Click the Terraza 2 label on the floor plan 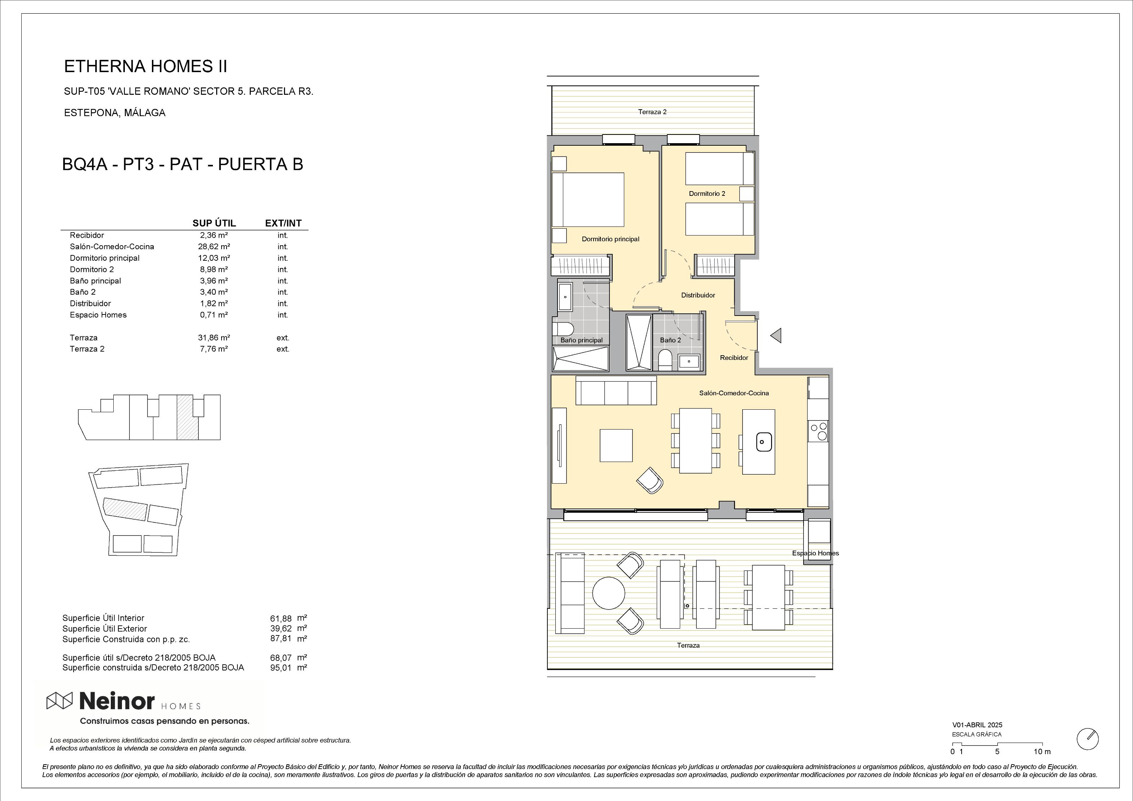click(x=652, y=112)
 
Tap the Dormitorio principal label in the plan click(x=611, y=239)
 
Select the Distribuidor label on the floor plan click(x=698, y=295)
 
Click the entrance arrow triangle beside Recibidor click(x=776, y=335)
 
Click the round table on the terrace click(x=608, y=593)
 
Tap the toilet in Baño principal click(x=563, y=329)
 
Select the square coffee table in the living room click(x=616, y=445)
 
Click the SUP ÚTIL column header click(x=214, y=223)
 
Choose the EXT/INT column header click(x=283, y=223)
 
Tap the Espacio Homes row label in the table click(x=98, y=315)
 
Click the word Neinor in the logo click(x=117, y=700)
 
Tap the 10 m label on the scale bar click(x=1042, y=752)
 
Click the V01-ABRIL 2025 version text click(x=977, y=725)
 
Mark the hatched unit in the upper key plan click(x=188, y=417)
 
